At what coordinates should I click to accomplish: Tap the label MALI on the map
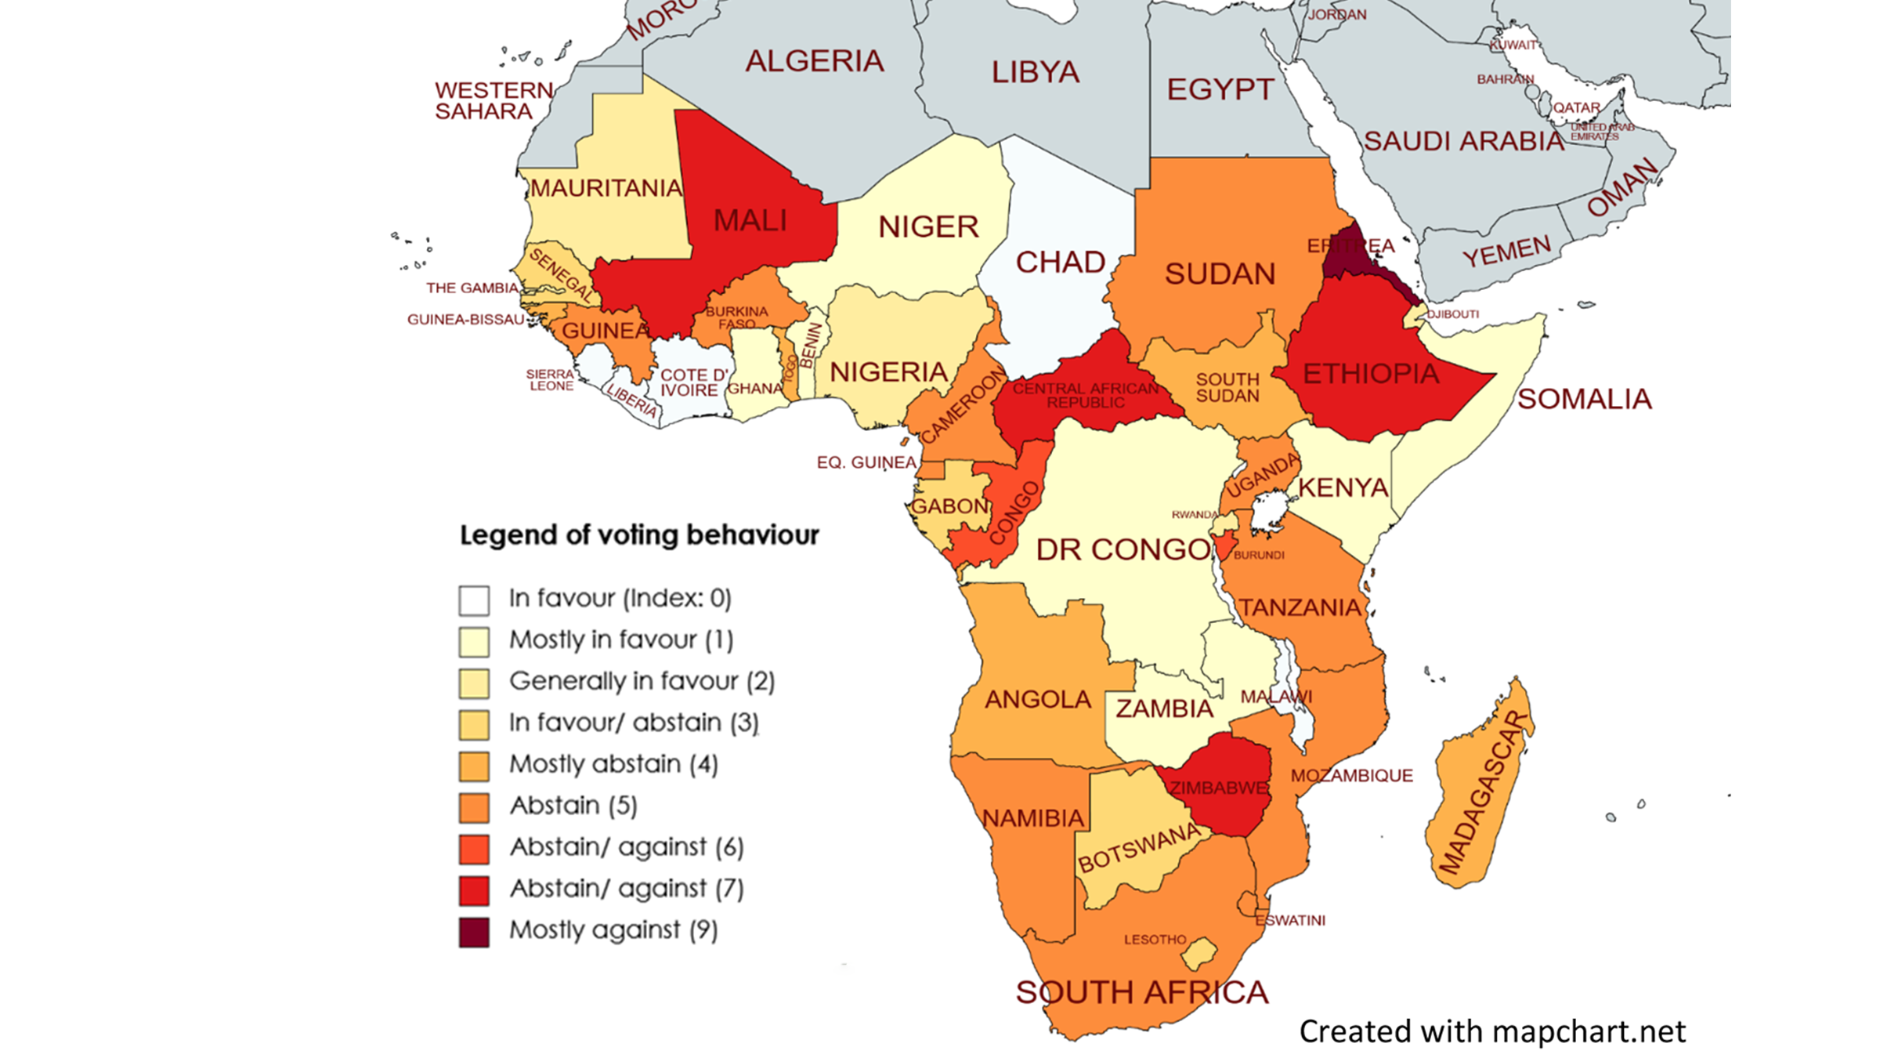[x=750, y=221]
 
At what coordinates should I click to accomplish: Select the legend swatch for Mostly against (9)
[x=474, y=932]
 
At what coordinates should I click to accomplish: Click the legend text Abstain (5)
[x=573, y=806]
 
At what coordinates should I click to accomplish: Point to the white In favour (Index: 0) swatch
[x=474, y=600]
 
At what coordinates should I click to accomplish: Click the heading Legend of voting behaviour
[x=639, y=535]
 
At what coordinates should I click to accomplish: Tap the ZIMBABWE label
[x=1219, y=788]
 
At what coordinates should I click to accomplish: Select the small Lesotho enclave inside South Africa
[x=1199, y=955]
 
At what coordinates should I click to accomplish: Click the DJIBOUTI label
[x=1453, y=314]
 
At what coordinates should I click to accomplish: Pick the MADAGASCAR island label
[x=1484, y=792]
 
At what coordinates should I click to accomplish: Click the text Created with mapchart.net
[x=1492, y=1031]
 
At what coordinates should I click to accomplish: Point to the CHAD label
[x=1061, y=263]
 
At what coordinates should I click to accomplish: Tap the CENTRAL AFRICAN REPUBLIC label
[x=1086, y=395]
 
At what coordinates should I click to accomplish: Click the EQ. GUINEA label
[x=866, y=463]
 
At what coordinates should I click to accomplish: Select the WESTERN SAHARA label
[x=493, y=101]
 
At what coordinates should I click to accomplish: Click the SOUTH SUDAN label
[x=1227, y=387]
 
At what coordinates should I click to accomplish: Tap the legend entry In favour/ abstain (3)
[x=634, y=723]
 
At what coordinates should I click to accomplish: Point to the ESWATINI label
[x=1290, y=920]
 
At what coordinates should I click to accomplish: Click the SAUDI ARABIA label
[x=1463, y=142]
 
